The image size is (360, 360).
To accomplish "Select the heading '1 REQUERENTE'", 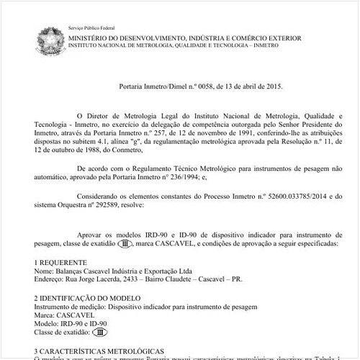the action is (60, 262).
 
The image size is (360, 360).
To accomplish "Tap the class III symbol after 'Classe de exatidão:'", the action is (100, 333).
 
